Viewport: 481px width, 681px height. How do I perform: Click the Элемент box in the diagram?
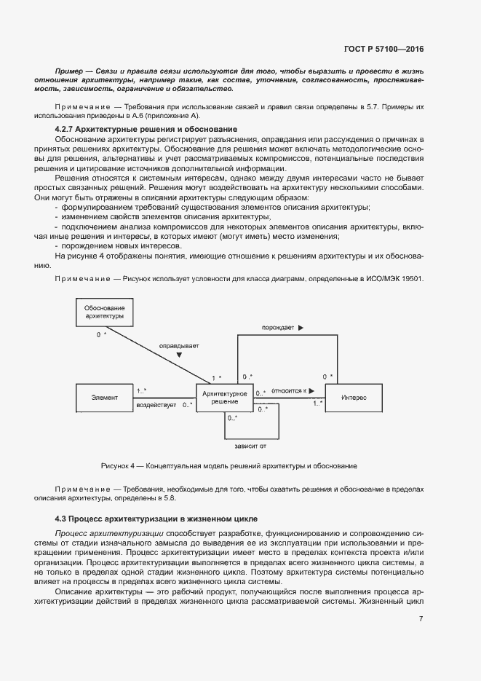click(105, 398)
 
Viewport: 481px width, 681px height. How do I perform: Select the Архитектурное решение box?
click(224, 398)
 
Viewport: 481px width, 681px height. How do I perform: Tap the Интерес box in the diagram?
click(354, 398)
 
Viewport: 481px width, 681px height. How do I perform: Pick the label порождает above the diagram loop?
click(278, 328)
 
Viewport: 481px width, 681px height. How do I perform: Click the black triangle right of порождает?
click(300, 328)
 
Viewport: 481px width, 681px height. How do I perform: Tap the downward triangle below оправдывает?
click(179, 355)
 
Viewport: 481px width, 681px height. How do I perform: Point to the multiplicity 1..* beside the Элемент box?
click(141, 390)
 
